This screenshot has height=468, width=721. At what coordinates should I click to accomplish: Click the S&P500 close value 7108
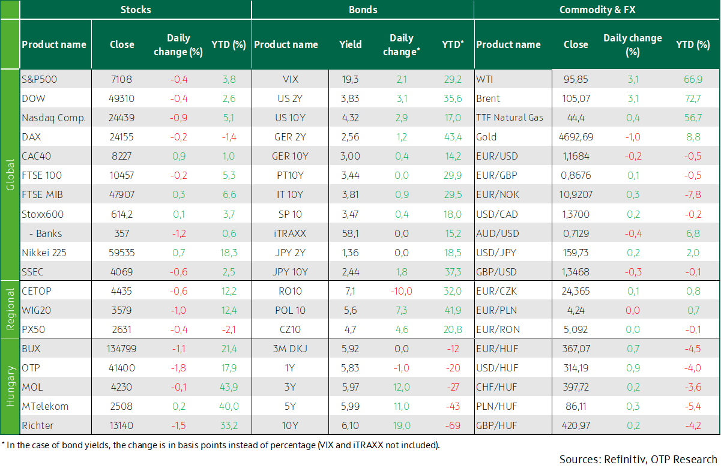click(121, 79)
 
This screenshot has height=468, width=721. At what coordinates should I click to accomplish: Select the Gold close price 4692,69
click(576, 137)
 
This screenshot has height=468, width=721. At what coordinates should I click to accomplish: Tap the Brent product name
click(488, 98)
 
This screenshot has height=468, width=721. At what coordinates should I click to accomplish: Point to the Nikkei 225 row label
click(44, 253)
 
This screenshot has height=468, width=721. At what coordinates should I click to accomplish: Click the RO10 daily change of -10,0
click(402, 291)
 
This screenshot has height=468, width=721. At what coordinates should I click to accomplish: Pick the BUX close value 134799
click(121, 349)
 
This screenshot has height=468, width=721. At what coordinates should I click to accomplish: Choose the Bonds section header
click(363, 10)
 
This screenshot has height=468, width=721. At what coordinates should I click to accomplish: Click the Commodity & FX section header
click(597, 10)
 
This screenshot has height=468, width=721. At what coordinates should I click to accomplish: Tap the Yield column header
click(350, 44)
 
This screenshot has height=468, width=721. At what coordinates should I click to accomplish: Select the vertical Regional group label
click(10, 309)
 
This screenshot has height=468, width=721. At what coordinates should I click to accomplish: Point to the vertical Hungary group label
click(10, 386)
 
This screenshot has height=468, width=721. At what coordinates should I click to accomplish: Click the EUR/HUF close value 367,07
click(576, 349)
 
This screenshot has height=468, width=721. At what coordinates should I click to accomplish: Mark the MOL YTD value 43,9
click(229, 387)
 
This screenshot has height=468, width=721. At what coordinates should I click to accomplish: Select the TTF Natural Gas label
click(510, 118)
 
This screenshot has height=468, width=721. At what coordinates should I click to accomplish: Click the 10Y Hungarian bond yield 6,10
click(350, 425)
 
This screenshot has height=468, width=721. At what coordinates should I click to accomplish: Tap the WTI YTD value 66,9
click(693, 79)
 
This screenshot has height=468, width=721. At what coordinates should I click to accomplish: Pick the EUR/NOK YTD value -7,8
click(693, 194)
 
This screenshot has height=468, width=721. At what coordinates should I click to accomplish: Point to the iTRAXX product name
click(290, 233)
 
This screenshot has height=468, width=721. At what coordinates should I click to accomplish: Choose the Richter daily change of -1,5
click(179, 425)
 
